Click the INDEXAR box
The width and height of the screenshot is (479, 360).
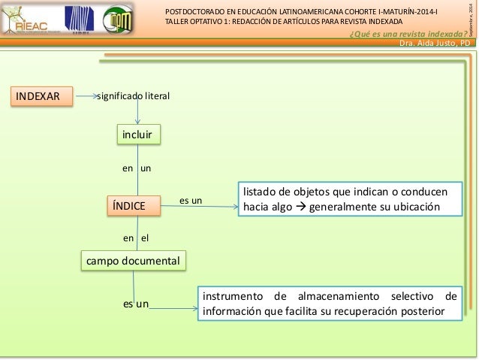[42, 96]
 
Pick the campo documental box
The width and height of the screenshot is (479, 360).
[133, 261]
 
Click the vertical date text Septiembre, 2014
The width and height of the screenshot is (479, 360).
[471, 19]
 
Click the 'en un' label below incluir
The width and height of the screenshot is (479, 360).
[137, 169]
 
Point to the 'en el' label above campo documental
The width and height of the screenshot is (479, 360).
[136, 237]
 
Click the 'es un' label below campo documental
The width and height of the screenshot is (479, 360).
[135, 304]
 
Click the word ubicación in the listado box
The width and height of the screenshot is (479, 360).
[417, 207]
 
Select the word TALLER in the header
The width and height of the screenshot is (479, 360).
[179, 22]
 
